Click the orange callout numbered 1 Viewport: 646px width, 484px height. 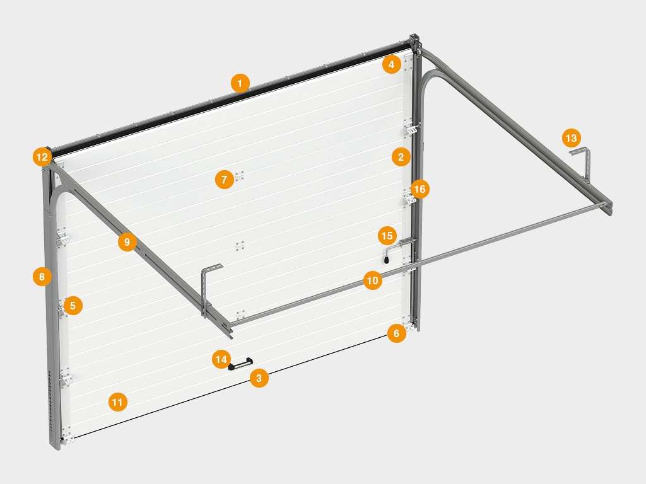240,83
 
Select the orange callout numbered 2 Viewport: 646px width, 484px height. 401,157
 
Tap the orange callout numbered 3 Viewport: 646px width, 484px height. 259,378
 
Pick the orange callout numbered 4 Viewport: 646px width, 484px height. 391,64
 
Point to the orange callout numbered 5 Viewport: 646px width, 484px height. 73,306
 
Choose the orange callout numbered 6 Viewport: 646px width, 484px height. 396,333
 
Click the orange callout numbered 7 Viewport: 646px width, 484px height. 225,180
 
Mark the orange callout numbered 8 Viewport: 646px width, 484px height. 42,277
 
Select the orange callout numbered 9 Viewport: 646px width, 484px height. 127,241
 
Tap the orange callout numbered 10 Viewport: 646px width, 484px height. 372,280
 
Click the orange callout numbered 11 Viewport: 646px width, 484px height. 118,401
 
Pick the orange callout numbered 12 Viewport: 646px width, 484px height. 42,157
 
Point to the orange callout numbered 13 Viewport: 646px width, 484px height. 572,137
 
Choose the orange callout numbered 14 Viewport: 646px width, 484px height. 221,359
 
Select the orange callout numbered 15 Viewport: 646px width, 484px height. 387,236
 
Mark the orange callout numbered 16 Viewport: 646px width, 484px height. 420,189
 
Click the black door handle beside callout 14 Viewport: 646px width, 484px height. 240,364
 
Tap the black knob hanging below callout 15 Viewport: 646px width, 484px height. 386,259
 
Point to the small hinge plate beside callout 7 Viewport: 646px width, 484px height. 240,176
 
